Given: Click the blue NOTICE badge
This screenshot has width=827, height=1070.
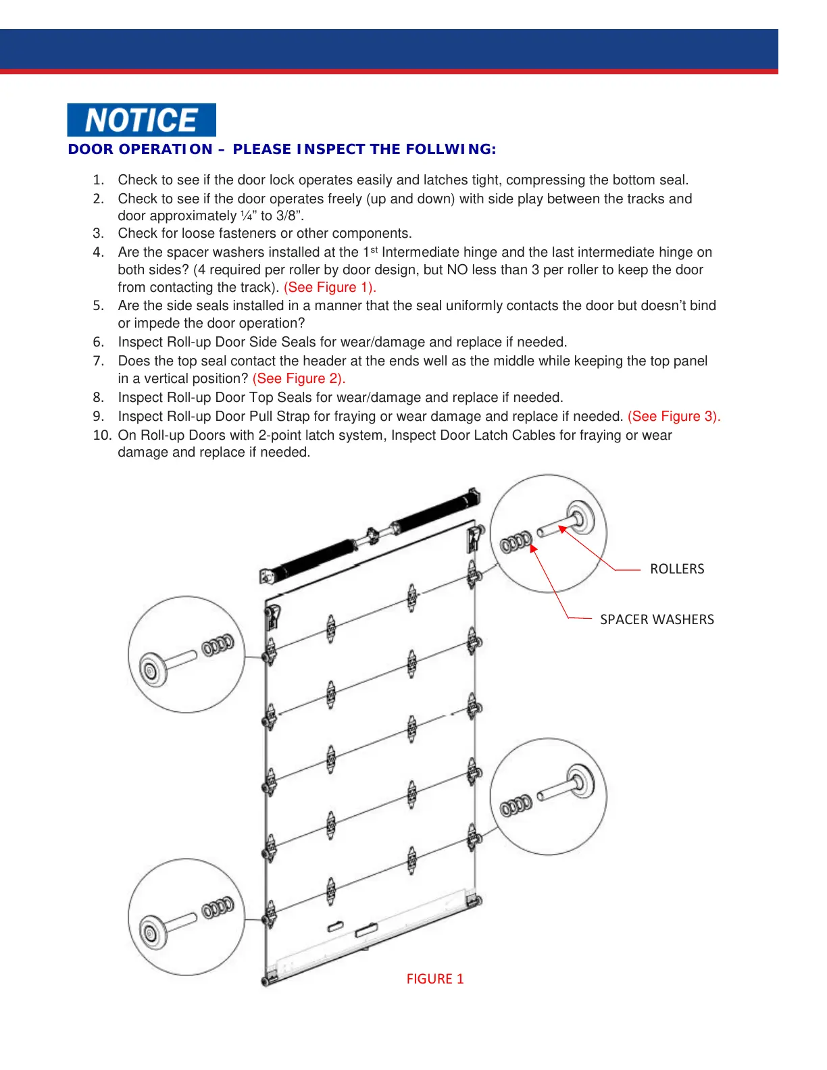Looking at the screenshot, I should pyautogui.click(x=141, y=120).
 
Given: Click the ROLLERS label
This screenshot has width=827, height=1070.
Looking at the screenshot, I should pyautogui.click(x=676, y=569).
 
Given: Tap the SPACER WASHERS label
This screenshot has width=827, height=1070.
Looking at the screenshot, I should pyautogui.click(x=656, y=619).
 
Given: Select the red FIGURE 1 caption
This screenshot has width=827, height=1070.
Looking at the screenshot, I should pyautogui.click(x=434, y=979).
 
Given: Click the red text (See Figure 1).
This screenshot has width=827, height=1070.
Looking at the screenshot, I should pyautogui.click(x=330, y=287).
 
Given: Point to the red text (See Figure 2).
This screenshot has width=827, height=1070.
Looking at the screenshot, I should pyautogui.click(x=299, y=378).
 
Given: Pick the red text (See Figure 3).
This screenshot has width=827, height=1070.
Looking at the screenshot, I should pyautogui.click(x=674, y=416).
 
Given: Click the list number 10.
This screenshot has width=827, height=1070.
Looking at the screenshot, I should pyautogui.click(x=101, y=435).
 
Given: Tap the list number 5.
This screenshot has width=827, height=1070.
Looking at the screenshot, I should pyautogui.click(x=99, y=305).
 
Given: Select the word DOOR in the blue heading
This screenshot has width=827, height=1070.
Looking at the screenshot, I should pyautogui.click(x=91, y=149).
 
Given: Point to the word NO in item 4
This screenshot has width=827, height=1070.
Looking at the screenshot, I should pyautogui.click(x=457, y=270).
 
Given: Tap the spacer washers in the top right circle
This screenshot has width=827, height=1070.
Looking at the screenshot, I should pyautogui.click(x=516, y=542).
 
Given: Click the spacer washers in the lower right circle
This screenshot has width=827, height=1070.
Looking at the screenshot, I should pyautogui.click(x=516, y=806).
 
